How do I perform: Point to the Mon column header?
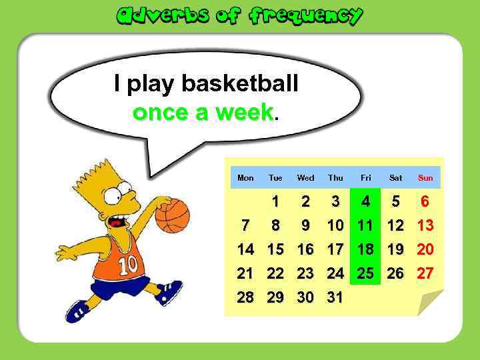coord(245,178)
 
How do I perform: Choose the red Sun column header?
coord(425,178)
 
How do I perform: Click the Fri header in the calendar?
coord(365,178)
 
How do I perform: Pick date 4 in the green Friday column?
coord(365,201)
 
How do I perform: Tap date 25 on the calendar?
coord(365,273)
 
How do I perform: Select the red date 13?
coord(425,225)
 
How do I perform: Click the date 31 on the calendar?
coord(335,297)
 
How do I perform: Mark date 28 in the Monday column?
coord(245,297)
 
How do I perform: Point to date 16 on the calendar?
coord(305,249)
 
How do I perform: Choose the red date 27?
coord(425,273)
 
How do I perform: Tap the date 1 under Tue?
coord(275,201)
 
